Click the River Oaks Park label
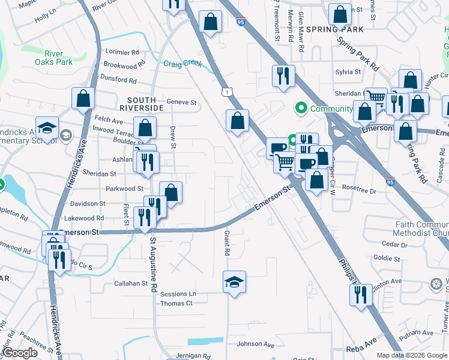[x=53, y=57]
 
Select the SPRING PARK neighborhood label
[x=335, y=29]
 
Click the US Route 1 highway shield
[x=225, y=91]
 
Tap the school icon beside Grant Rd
[x=234, y=281]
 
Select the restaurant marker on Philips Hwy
[x=360, y=295]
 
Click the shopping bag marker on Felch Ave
[x=83, y=98]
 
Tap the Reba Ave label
[x=361, y=348]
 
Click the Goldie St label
[x=387, y=259]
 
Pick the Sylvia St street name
[x=348, y=72]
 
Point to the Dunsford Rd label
[x=119, y=79]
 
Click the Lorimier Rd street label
[x=122, y=52]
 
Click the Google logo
[x=20, y=353]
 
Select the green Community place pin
[x=300, y=109]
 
